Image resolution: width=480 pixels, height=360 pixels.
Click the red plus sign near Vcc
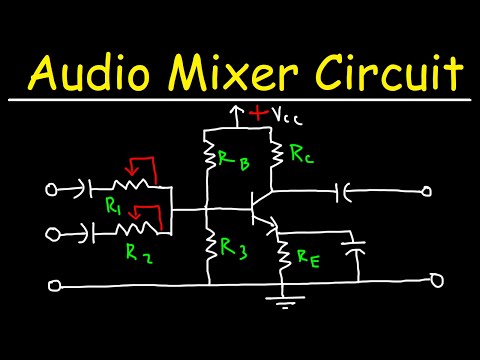pos(260,114)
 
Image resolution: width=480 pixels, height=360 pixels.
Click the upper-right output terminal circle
pos(427,190)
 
